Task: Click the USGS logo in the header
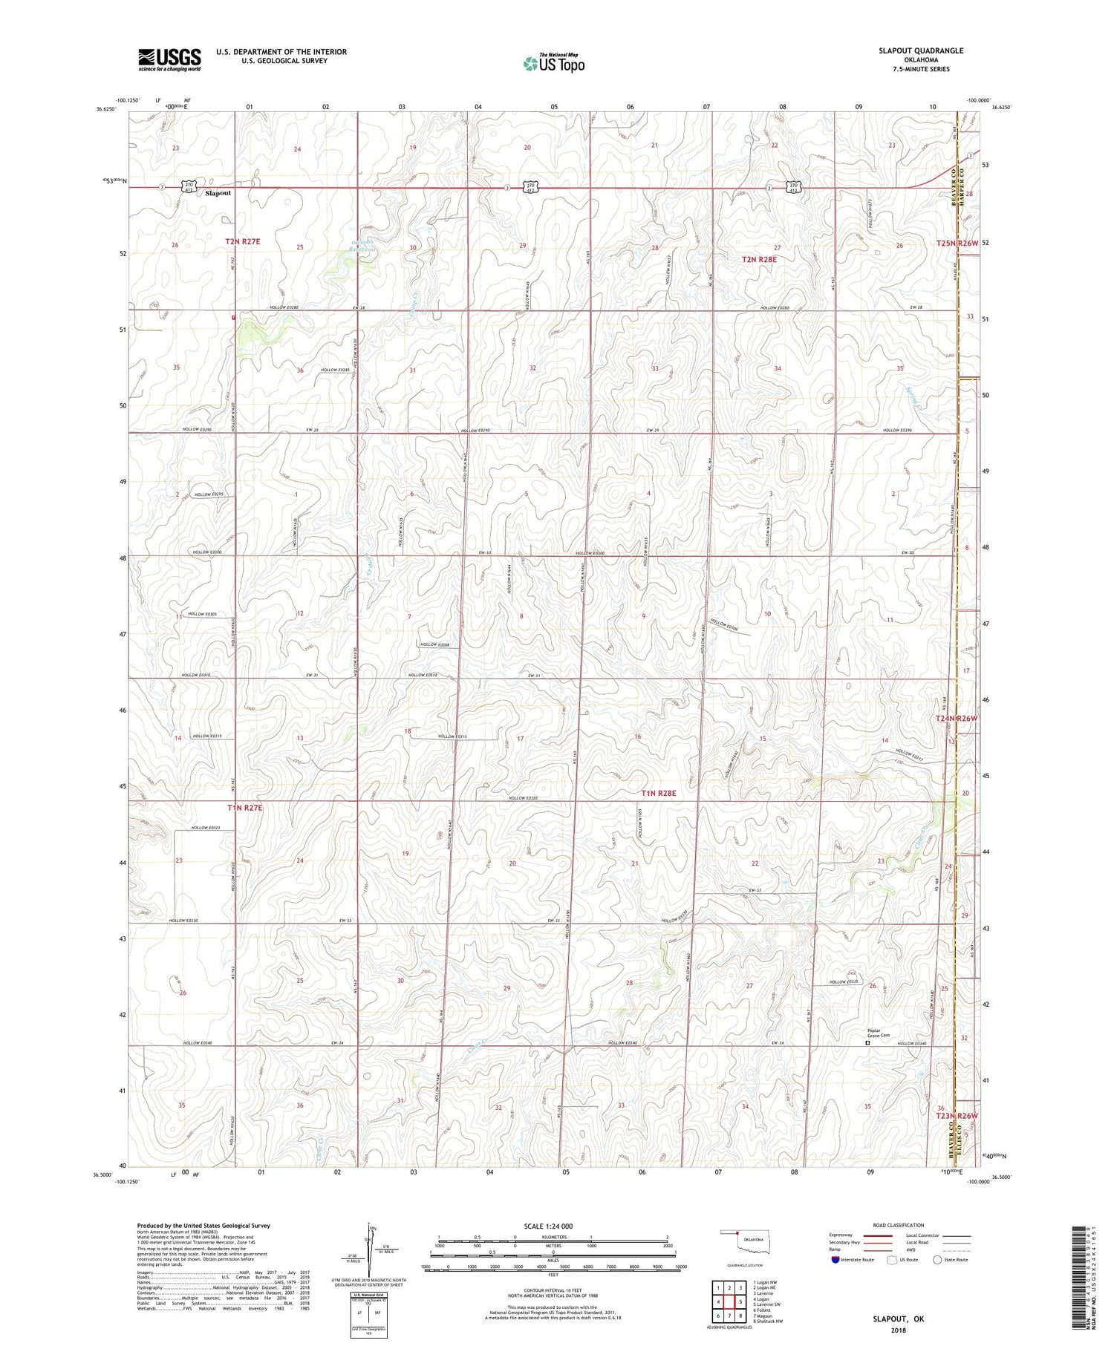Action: (x=169, y=59)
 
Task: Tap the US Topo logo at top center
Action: (x=554, y=64)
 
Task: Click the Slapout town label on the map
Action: (x=218, y=193)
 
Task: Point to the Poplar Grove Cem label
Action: (x=879, y=1033)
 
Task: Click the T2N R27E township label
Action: (x=243, y=241)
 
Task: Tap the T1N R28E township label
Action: (x=659, y=793)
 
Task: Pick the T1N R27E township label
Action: (x=244, y=807)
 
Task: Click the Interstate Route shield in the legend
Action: (x=835, y=1260)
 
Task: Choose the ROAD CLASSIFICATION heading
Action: (x=899, y=1225)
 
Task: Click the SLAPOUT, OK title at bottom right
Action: (x=898, y=1319)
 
